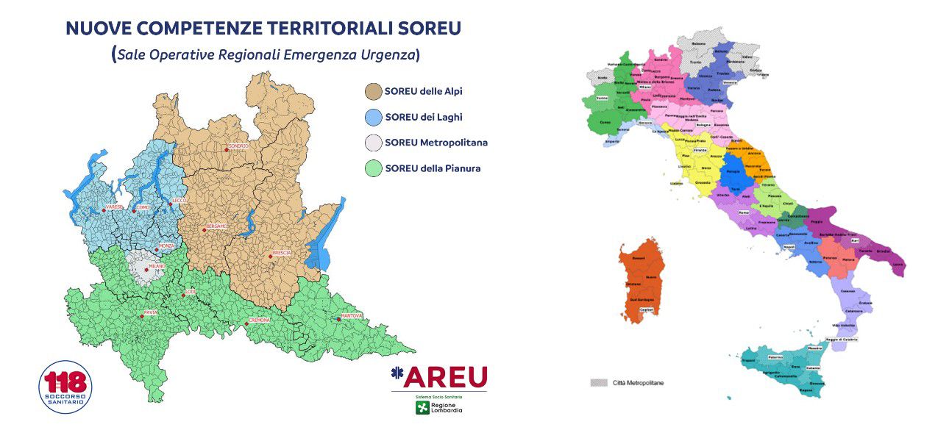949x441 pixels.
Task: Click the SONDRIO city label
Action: tap(238, 146)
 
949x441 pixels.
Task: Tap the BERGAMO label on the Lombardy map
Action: tap(217, 226)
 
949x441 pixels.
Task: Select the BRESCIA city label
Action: tap(282, 253)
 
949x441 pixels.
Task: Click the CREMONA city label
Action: tap(260, 320)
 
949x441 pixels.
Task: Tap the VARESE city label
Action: tap(113, 208)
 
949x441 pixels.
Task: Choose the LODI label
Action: tap(190, 293)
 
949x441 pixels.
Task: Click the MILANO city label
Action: tap(157, 266)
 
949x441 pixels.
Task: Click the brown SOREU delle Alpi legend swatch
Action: tap(374, 92)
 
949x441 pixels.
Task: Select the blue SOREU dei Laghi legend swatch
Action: tap(374, 118)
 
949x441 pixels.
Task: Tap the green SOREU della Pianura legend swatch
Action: tap(374, 169)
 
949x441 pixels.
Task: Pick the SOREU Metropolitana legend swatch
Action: tap(374, 143)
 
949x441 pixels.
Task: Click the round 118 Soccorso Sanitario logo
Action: tap(65, 387)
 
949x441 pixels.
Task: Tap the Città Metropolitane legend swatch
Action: tap(599, 383)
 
